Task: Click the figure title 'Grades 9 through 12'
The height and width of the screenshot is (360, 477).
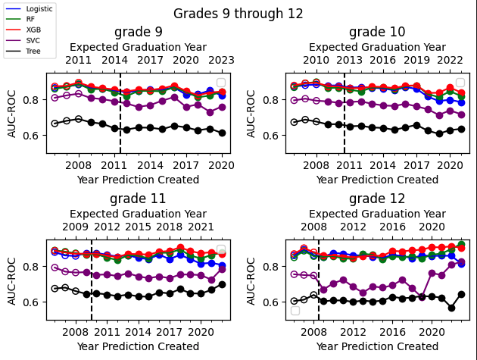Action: [238, 14]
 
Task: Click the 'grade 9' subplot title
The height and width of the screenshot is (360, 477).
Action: [138, 32]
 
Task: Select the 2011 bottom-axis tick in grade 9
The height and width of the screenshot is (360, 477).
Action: [114, 164]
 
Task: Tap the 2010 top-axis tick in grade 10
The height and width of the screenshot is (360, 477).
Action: [316, 60]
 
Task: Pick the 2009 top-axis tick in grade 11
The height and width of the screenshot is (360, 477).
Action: [75, 227]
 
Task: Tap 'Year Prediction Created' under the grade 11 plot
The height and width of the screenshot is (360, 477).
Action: [138, 346]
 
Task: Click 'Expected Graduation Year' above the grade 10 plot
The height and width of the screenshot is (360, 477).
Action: [377, 47]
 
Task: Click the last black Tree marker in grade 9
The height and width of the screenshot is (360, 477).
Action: [222, 133]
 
